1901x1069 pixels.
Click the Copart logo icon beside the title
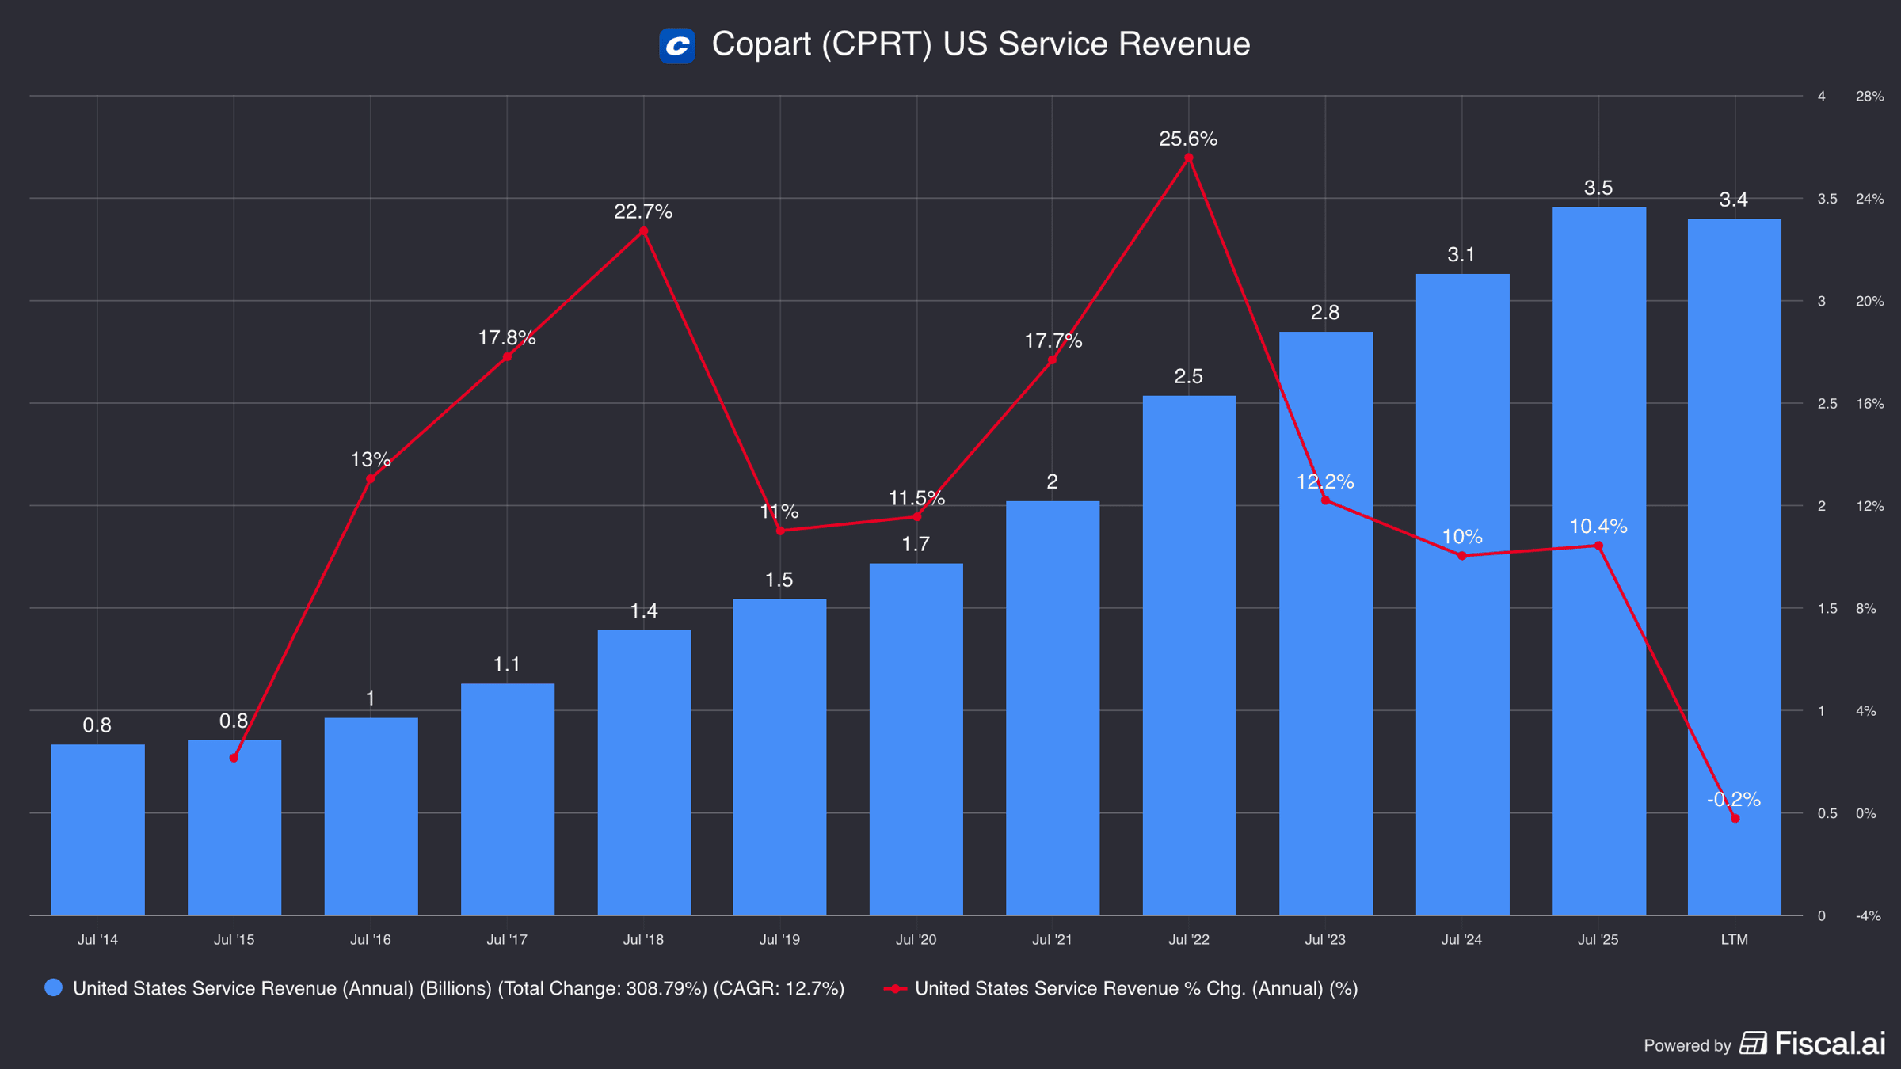[677, 45]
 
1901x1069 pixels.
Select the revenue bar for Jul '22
[1189, 655]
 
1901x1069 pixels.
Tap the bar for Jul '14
[98, 829]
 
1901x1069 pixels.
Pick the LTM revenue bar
[1735, 567]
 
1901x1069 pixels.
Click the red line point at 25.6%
[1188, 158]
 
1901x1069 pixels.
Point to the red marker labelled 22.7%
[643, 231]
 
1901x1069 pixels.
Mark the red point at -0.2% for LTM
[1735, 818]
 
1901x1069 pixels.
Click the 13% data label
[370, 459]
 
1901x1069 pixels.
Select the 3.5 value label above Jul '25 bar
[1598, 188]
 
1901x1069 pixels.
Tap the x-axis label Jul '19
[779, 939]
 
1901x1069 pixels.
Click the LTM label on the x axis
[1735, 939]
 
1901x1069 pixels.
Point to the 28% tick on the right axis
[1869, 97]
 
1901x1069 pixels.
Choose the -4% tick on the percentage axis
[1869, 915]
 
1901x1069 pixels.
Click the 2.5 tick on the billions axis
[1827, 404]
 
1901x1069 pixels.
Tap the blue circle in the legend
[53, 987]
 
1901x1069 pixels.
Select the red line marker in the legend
[895, 988]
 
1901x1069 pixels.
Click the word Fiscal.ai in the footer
[1830, 1044]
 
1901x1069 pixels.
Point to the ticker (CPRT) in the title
[877, 44]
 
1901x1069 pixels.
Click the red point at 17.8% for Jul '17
[507, 357]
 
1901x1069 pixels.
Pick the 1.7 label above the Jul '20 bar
[916, 544]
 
